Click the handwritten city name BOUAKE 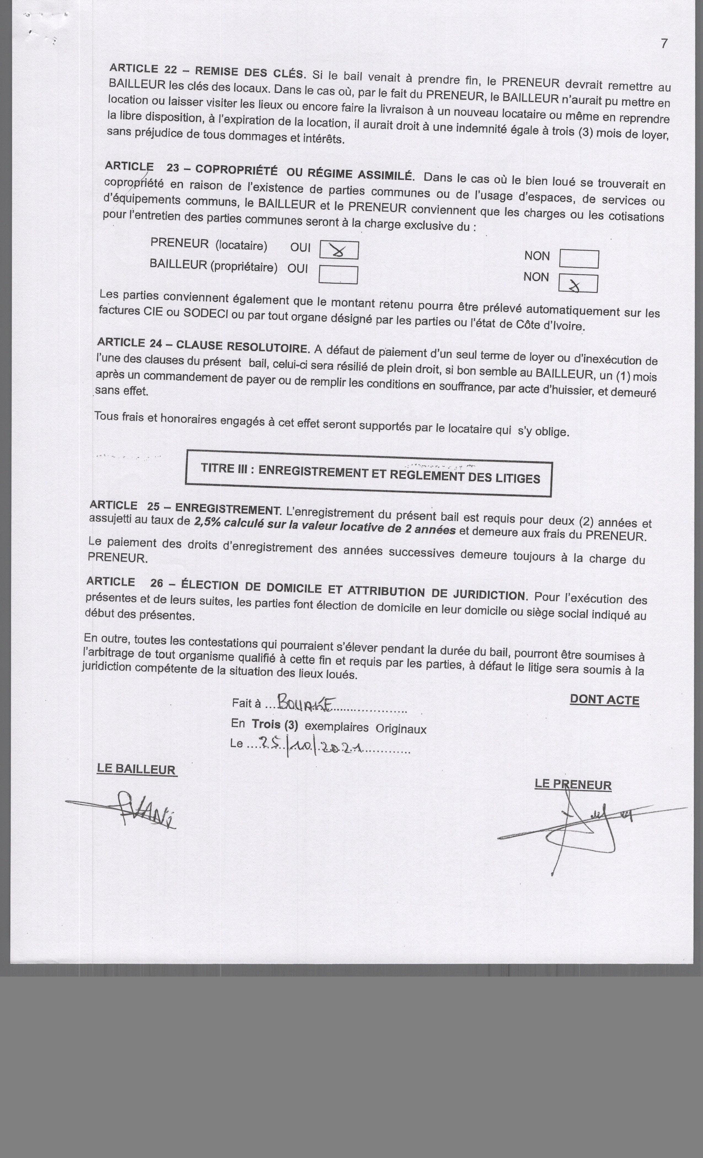pos(305,703)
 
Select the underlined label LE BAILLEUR pos(137,769)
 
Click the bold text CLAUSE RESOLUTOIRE pos(243,346)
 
